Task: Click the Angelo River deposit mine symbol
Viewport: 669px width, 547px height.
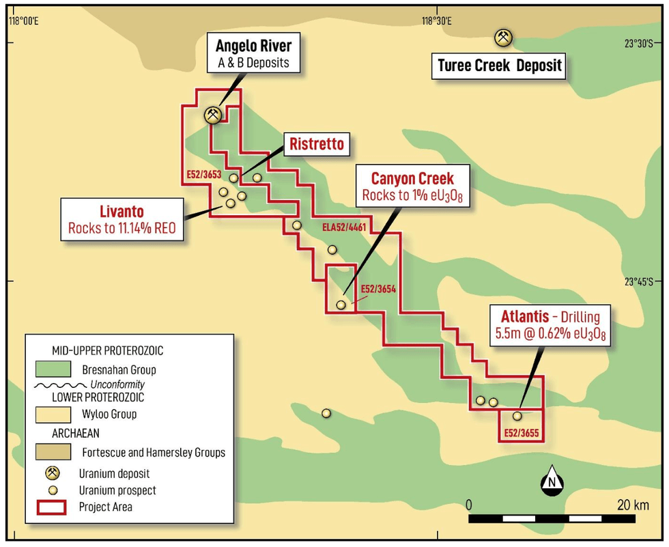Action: click(x=214, y=115)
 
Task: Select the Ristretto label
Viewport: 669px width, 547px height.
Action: click(x=316, y=144)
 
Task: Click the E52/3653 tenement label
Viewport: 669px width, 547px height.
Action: click(x=203, y=175)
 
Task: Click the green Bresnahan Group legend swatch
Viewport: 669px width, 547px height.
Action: click(x=53, y=369)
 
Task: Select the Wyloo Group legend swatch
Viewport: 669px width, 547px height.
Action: click(x=53, y=414)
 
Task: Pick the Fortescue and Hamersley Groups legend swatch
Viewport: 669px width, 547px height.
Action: click(x=53, y=452)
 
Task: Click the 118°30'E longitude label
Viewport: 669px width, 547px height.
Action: click(x=437, y=21)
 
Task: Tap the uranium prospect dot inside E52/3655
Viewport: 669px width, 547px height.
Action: click(x=517, y=415)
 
